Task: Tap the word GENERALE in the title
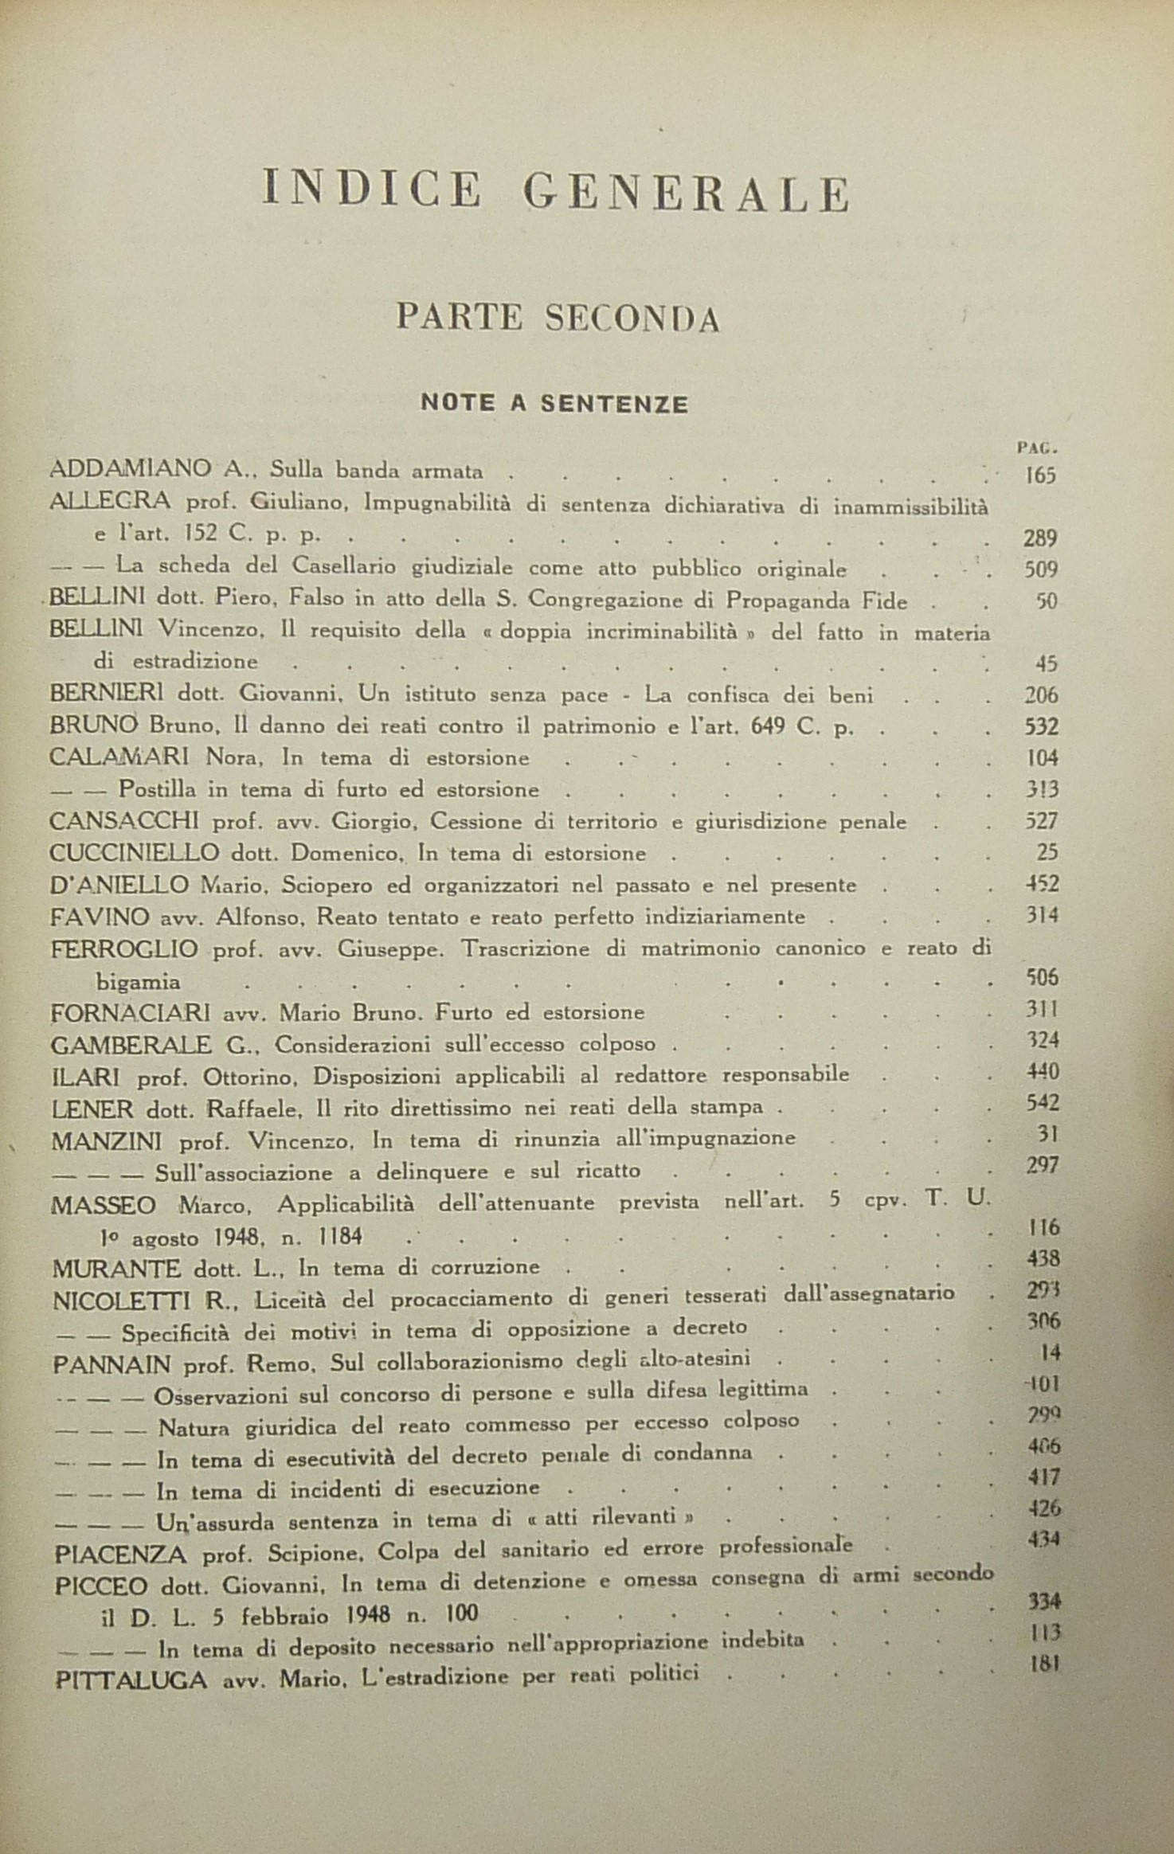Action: [x=687, y=194]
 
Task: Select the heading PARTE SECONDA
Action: [x=558, y=319]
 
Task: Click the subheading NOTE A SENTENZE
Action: [x=554, y=404]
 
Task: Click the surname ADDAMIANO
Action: [x=131, y=471]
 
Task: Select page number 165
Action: [x=1039, y=476]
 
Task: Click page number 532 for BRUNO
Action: [x=1041, y=727]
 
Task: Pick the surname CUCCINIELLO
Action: [x=135, y=853]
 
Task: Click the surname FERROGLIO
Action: [x=123, y=949]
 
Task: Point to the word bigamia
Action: [x=138, y=982]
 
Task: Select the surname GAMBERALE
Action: [x=131, y=1044]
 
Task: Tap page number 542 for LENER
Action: [x=1043, y=1104]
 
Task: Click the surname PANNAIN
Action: [x=112, y=1364]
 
